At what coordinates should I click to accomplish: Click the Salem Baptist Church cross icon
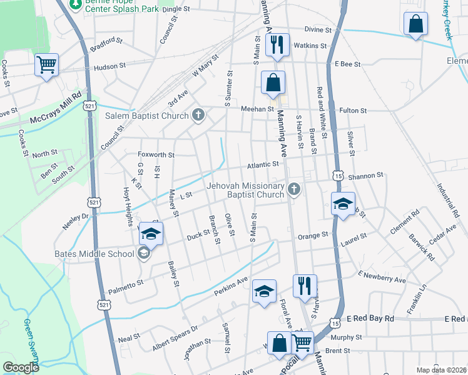[x=198, y=115]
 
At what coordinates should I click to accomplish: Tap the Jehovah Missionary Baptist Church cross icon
[x=293, y=188]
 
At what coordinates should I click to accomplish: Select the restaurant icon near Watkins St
[x=277, y=45]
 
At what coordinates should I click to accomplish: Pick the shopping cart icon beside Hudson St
[x=47, y=64]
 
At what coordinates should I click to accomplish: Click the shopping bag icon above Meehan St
[x=273, y=82]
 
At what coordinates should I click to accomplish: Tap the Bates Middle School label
[x=94, y=254]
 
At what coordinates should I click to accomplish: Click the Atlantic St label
[x=262, y=164]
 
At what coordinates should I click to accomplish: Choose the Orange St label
[x=313, y=236]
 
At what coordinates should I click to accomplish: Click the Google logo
[x=21, y=367]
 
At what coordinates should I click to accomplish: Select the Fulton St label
[x=353, y=111]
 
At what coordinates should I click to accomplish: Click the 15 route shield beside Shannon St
[x=338, y=177]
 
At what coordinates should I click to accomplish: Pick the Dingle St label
[x=176, y=9]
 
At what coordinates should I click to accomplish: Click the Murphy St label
[x=342, y=338]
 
